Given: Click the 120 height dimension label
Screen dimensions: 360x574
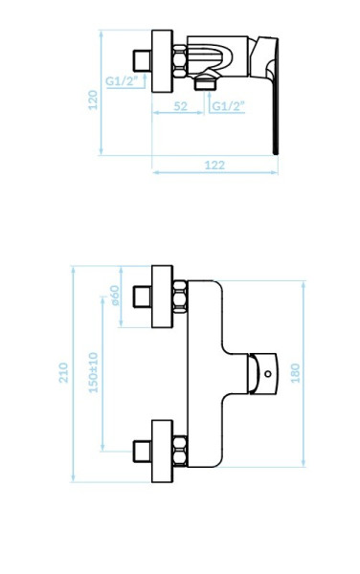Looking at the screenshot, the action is point(93,99).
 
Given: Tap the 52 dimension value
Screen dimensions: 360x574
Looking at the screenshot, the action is point(180,106).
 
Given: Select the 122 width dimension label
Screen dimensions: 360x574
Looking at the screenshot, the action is point(214,166).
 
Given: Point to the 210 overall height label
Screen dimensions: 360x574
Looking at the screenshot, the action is point(63,373).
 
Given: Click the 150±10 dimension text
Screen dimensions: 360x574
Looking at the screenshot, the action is point(94,372).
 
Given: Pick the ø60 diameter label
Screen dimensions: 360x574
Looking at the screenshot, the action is point(115,295).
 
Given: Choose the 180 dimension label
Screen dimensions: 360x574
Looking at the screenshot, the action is point(295,373).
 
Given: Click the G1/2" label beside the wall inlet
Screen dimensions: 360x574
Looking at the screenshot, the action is point(120,81).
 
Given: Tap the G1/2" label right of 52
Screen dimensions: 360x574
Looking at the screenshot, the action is point(228,106).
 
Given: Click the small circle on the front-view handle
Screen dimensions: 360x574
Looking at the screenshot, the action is point(268,374).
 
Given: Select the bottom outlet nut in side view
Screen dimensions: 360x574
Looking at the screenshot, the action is point(206,82).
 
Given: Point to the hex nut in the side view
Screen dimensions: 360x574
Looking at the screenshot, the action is point(179,61).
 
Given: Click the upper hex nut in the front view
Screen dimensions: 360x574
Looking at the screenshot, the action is point(179,297).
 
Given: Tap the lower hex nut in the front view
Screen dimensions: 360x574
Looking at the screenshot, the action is point(179,451).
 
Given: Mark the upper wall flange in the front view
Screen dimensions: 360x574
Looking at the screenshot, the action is point(162,297).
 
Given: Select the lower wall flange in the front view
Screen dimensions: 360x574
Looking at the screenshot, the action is point(162,451).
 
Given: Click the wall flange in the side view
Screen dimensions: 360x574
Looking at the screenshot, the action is point(162,61).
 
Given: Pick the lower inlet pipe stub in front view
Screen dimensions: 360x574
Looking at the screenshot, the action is point(142,451).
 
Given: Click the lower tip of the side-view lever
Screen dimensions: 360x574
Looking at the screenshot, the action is point(276,153).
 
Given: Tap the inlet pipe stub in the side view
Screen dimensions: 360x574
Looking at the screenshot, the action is point(142,61).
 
